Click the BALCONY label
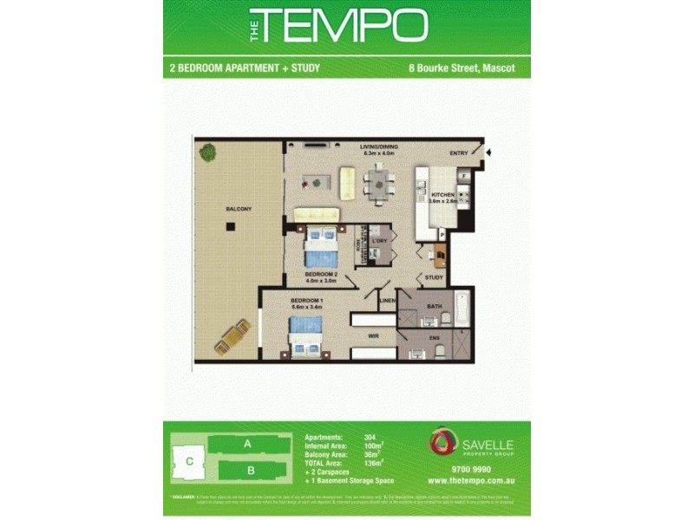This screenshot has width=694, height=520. (x=239, y=210)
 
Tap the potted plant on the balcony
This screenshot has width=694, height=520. (x=207, y=153)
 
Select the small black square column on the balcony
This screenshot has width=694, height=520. (x=231, y=227)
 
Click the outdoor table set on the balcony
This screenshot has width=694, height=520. (x=233, y=337)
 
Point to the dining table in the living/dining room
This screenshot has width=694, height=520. (x=379, y=182)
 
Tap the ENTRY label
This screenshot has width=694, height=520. (x=459, y=153)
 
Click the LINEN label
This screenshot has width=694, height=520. (x=387, y=301)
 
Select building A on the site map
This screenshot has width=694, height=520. (x=247, y=444)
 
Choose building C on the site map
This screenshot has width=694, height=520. (x=188, y=461)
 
